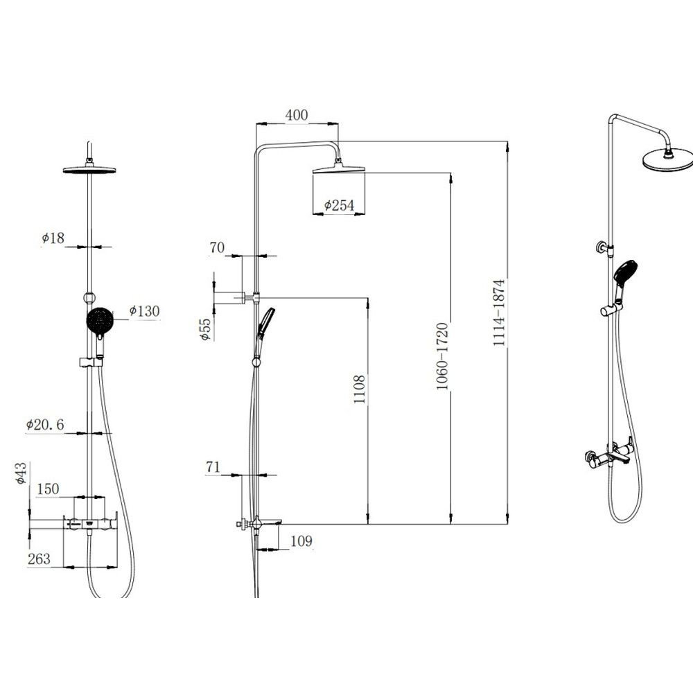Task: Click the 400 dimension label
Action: (296, 115)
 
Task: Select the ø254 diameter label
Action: (339, 205)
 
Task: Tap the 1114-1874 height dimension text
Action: (499, 313)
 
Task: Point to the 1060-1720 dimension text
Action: (442, 356)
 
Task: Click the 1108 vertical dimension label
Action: (360, 389)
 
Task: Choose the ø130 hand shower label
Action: (144, 311)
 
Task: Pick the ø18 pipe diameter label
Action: (53, 238)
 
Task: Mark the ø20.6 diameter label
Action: (44, 426)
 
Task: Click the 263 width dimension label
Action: (39, 559)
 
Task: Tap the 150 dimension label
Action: (48, 489)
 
